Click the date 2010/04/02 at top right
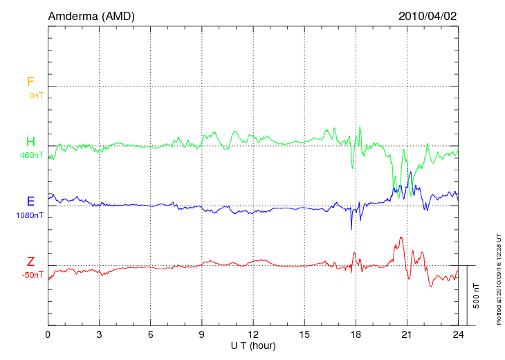click(x=427, y=16)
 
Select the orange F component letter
click(x=30, y=82)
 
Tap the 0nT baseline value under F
click(x=36, y=96)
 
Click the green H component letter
click(x=30, y=142)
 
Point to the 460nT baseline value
click(x=32, y=155)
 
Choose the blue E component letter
click(x=30, y=201)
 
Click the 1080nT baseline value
click(x=30, y=215)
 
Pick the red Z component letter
click(x=30, y=262)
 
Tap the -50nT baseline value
click(x=33, y=275)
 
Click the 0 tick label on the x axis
click(x=48, y=334)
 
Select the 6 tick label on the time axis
click(x=150, y=334)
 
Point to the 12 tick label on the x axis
click(x=253, y=334)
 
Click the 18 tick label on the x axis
click(x=356, y=334)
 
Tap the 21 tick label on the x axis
click(x=407, y=334)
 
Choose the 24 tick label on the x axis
click(x=458, y=334)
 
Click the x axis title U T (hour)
click(x=253, y=345)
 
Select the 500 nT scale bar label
click(x=477, y=296)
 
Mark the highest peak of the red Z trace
click(x=401, y=237)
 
